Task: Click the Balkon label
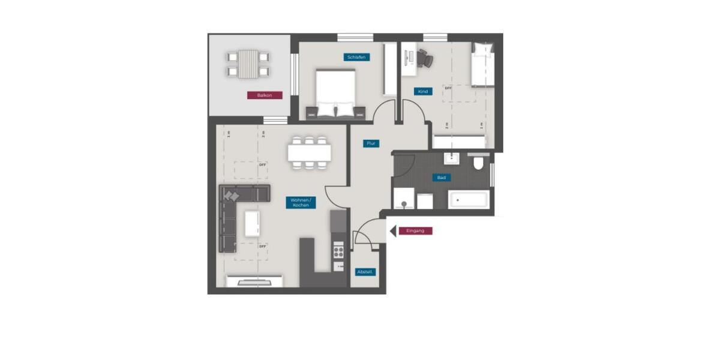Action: tap(265, 95)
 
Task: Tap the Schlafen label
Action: tap(356, 57)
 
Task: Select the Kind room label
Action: tap(423, 92)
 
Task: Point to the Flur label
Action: tap(371, 144)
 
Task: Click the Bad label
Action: tap(442, 178)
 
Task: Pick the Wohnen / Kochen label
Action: tap(301, 203)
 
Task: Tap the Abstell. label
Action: tap(365, 272)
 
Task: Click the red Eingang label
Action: tap(415, 230)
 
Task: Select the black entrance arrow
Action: tap(393, 230)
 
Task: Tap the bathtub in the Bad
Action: tap(469, 199)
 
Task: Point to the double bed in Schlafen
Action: tap(335, 92)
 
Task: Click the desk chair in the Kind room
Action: tap(425, 58)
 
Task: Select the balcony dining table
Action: tap(248, 64)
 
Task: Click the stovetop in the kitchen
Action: tap(338, 249)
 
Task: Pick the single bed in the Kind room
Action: tap(482, 65)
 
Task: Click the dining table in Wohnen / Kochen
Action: tap(309, 153)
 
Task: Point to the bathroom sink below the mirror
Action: tap(451, 159)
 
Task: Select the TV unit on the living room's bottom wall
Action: tap(254, 281)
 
